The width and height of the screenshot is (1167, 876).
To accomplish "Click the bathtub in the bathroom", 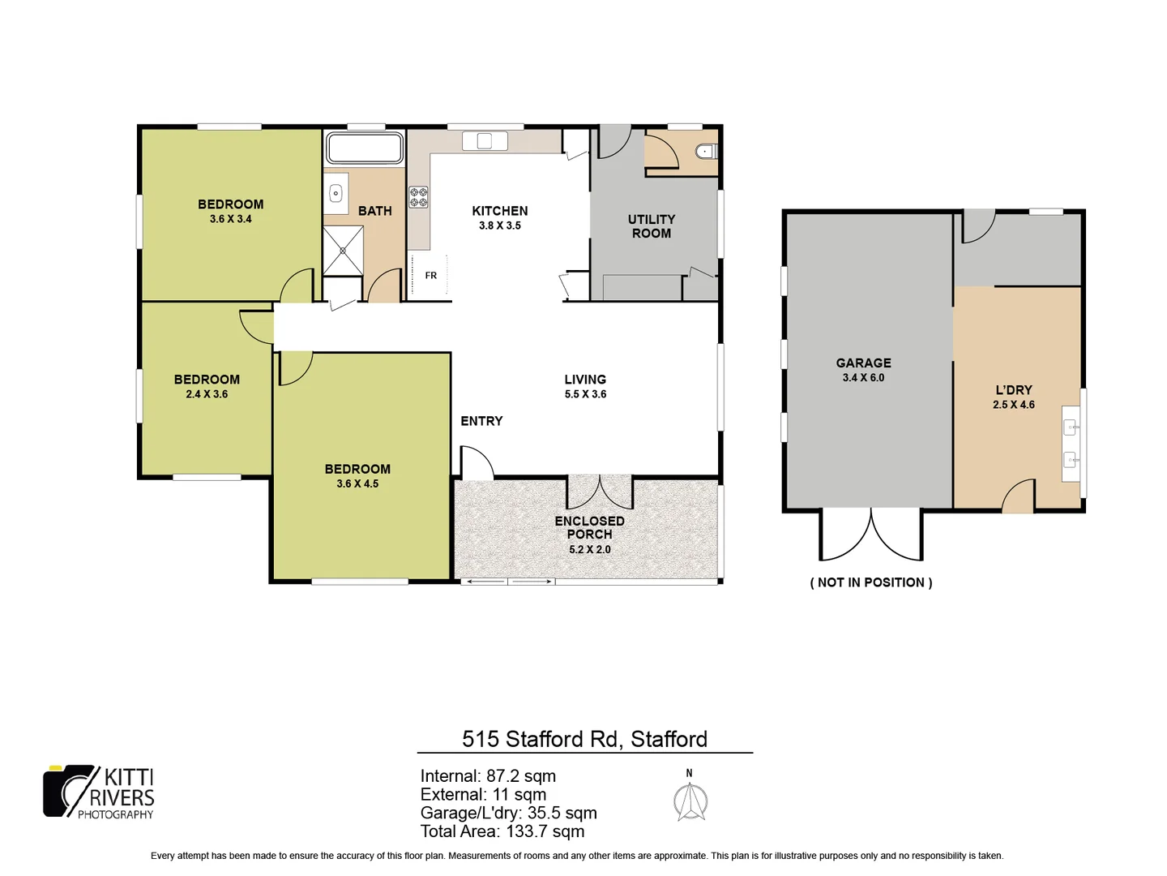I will (x=364, y=148).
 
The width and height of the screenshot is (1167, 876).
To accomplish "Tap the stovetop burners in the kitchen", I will (x=418, y=197).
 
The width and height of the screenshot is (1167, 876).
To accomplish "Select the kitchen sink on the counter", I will (x=485, y=141).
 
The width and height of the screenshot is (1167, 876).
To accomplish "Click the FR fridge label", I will (x=431, y=276).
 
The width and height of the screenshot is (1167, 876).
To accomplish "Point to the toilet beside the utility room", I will (x=706, y=151).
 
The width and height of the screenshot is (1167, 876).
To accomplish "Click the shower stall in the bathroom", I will (x=343, y=251).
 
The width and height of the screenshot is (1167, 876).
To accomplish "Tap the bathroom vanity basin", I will (x=336, y=194).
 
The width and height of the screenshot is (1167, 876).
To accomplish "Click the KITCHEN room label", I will (x=500, y=211).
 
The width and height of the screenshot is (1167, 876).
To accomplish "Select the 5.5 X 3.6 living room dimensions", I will (x=585, y=394).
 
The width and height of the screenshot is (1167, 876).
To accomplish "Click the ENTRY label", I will (x=481, y=421).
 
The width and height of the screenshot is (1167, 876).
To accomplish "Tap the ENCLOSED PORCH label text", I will (x=589, y=527).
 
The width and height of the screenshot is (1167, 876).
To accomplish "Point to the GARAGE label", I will (x=863, y=363).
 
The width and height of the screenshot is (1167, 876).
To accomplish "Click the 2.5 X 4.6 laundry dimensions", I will (x=1013, y=405).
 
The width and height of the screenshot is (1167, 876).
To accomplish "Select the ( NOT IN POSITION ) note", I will (x=871, y=582).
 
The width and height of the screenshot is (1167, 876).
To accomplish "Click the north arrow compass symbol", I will (x=690, y=800).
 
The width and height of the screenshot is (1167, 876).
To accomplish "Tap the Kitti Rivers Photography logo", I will (x=99, y=792).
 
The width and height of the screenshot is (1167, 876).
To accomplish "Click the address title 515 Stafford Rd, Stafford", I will (x=584, y=739).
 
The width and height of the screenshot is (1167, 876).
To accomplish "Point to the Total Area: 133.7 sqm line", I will (x=502, y=831).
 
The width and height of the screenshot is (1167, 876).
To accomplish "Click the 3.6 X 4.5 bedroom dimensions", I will (x=357, y=483).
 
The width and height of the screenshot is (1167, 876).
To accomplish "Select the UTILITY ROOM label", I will (x=651, y=226).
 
